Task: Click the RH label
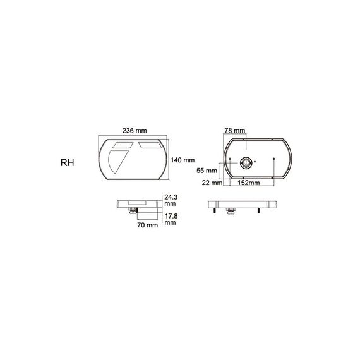coord(68,163)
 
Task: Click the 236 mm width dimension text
coord(135,131)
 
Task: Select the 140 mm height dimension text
coord(183,160)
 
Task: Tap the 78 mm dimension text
coord(235,131)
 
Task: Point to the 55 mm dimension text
coord(207,171)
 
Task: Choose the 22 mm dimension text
coord(212,183)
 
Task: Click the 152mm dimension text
coord(249,183)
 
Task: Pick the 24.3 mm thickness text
coord(171,200)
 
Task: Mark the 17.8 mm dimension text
coord(171,219)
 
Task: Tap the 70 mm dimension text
coord(148,225)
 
